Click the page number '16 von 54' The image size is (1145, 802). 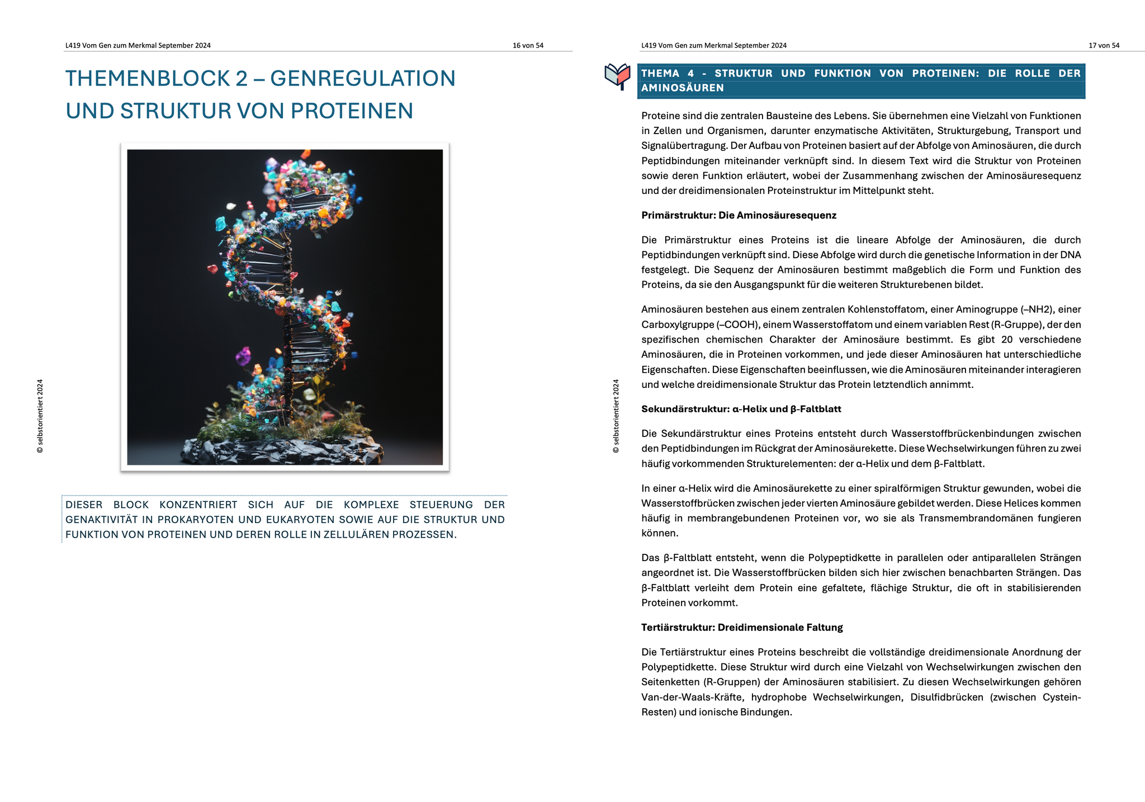click(528, 45)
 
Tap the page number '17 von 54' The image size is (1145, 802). click(1104, 45)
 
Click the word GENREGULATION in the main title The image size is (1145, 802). click(363, 78)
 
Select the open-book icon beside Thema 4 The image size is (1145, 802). click(618, 77)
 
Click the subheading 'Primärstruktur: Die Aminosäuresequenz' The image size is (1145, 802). click(739, 215)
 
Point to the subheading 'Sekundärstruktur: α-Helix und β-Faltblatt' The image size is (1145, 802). click(741, 409)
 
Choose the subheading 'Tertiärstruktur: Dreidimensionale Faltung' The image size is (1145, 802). click(742, 627)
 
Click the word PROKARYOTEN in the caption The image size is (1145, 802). click(195, 519)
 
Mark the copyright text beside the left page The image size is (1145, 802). click(40, 416)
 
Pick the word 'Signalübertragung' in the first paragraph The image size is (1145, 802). click(681, 146)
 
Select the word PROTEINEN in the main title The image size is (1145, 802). click(352, 111)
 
